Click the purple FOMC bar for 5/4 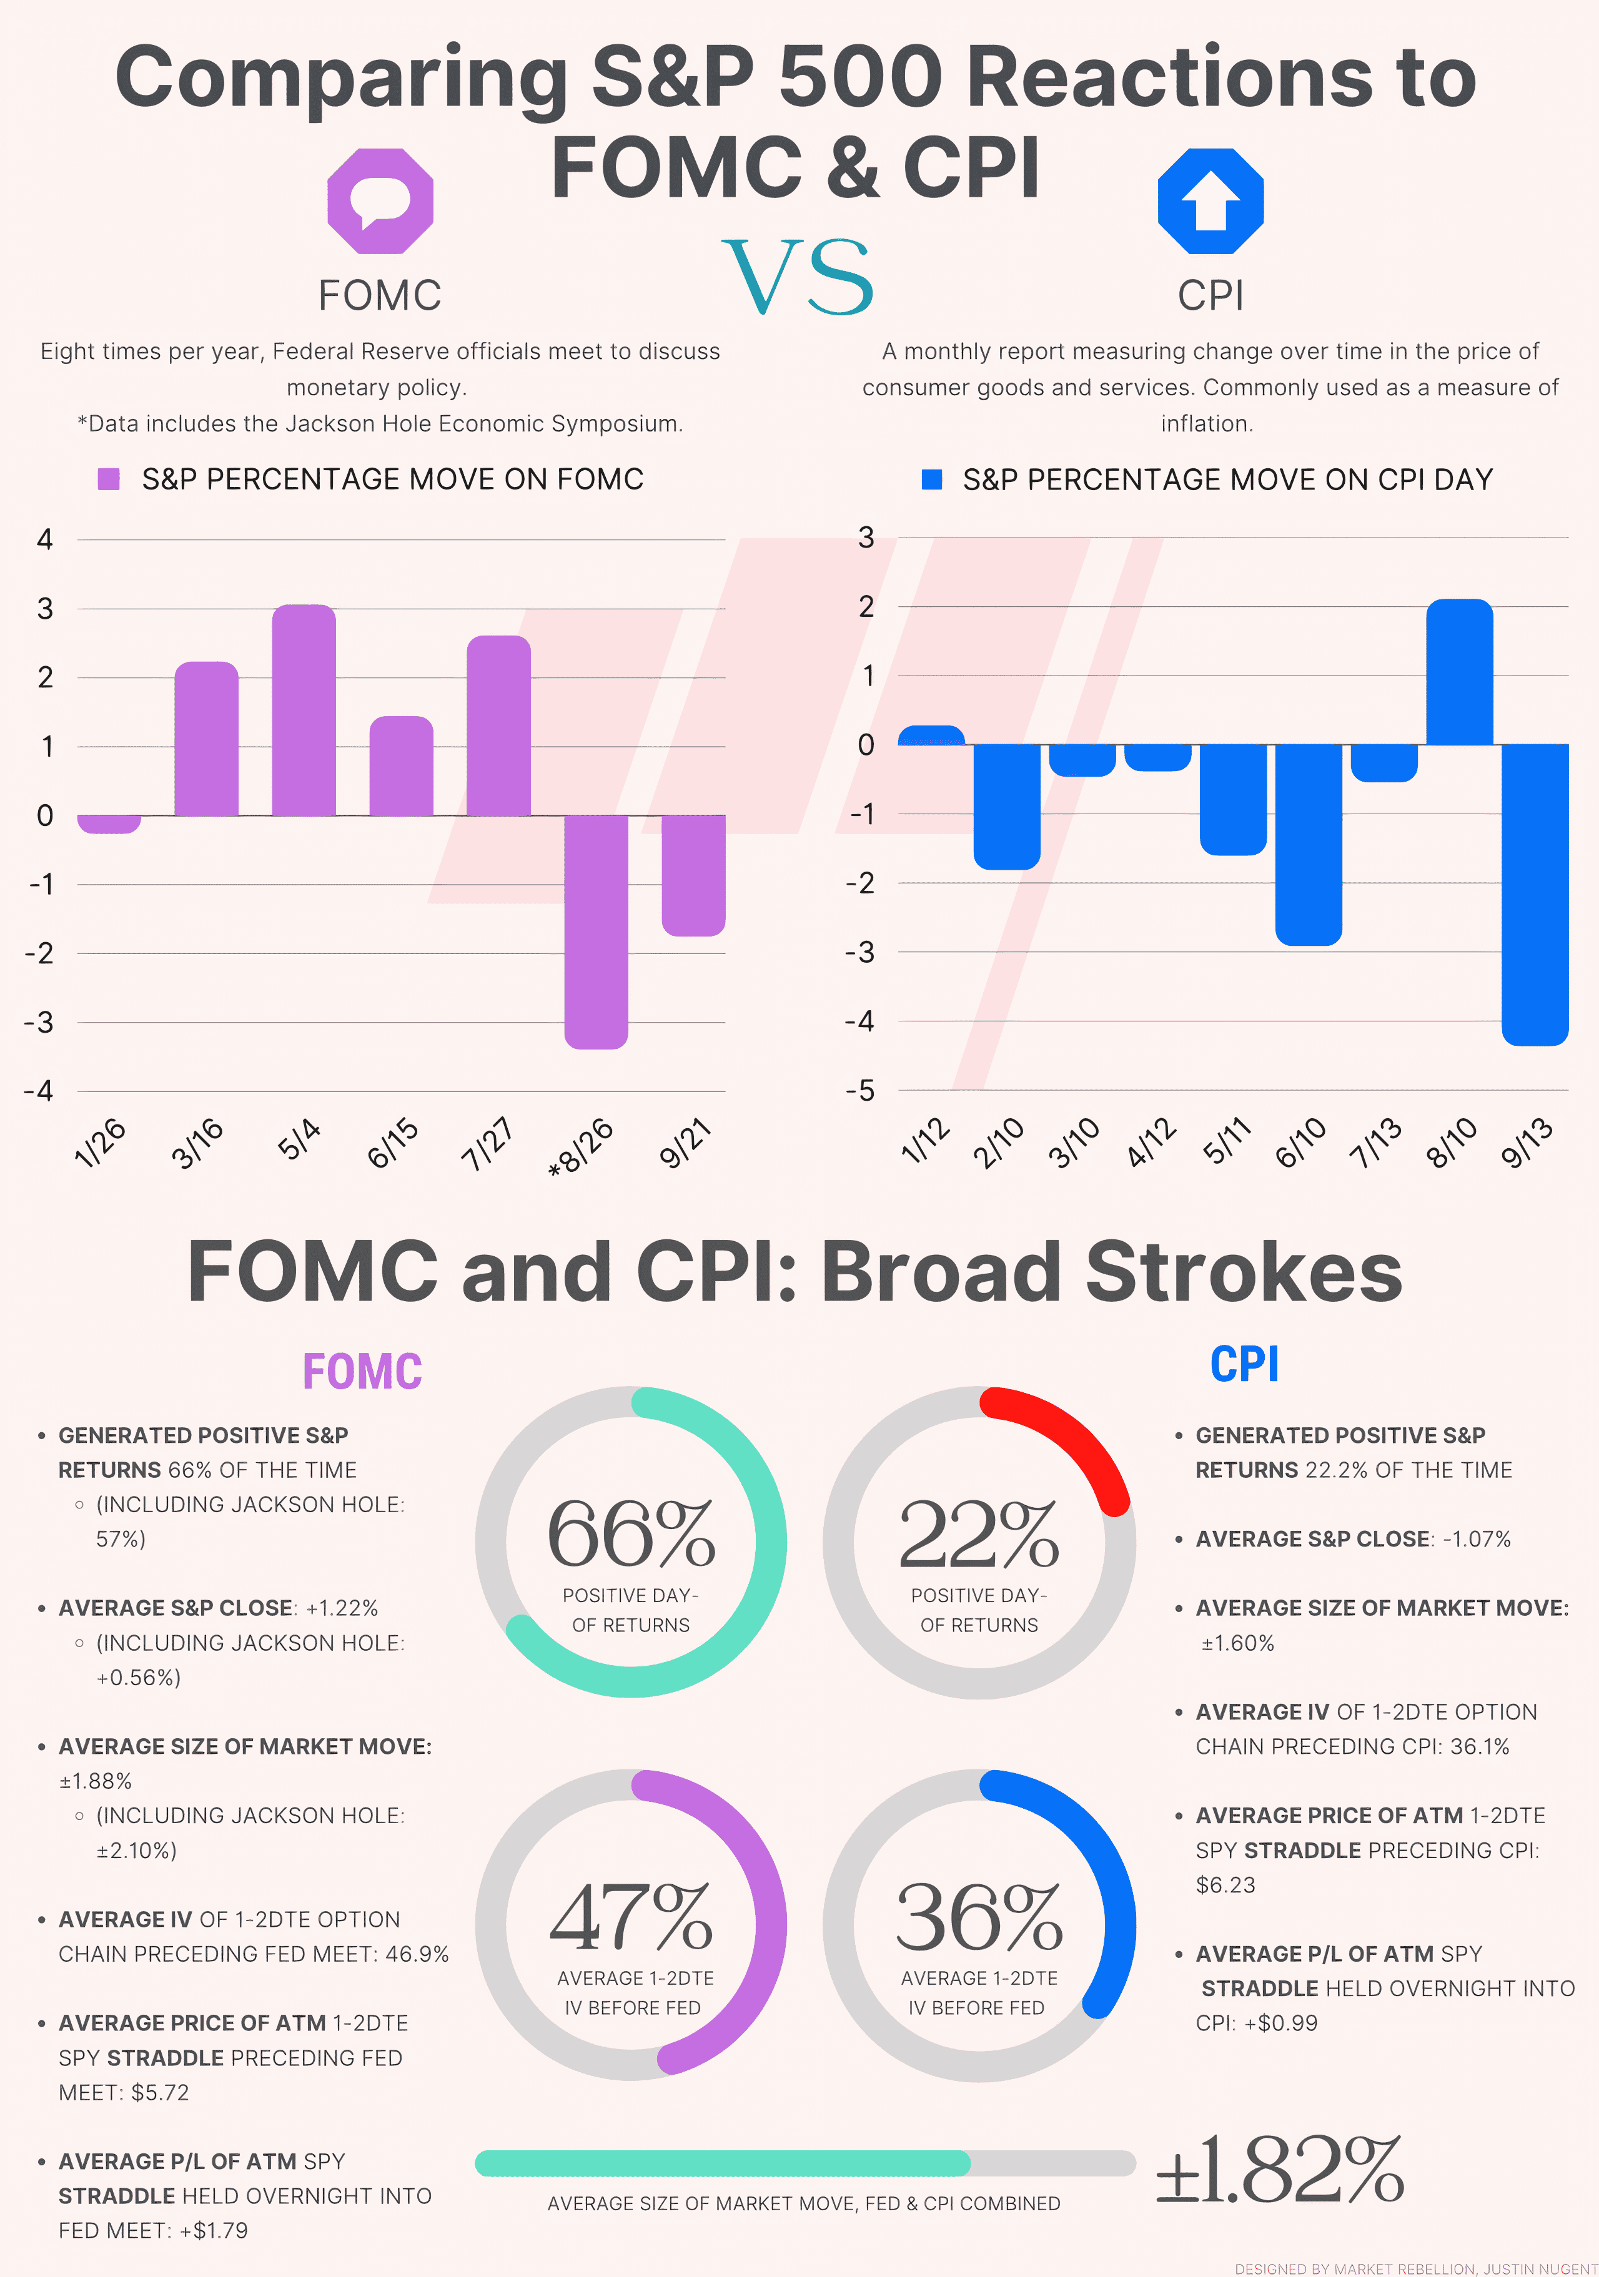tap(304, 710)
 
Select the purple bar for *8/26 tap(596, 932)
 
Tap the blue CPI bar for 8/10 tap(1459, 671)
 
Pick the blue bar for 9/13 tap(1535, 895)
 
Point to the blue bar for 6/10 tap(1309, 845)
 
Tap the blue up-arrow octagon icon tap(1210, 201)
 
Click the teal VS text tap(798, 277)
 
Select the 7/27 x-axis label tap(488, 1143)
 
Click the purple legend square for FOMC tap(109, 479)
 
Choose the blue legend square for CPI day tap(931, 479)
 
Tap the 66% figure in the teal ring tap(631, 1533)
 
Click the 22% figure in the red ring tap(979, 1533)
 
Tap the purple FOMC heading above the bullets tap(362, 1372)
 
